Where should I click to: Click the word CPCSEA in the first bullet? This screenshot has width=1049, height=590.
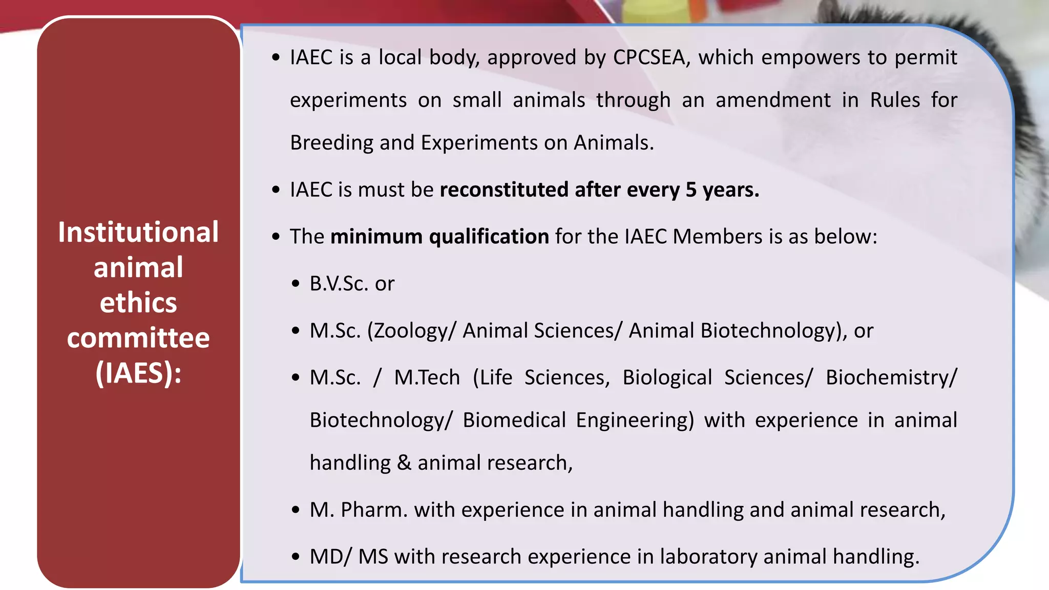[649, 57]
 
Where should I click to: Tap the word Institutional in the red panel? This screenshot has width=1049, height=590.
[138, 233]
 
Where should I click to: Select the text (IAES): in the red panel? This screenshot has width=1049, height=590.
[138, 373]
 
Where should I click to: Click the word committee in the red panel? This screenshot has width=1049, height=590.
[138, 338]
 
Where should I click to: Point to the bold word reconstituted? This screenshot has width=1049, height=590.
[504, 190]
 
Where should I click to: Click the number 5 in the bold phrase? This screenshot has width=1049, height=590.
[691, 190]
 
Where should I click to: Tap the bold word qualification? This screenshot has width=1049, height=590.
[489, 237]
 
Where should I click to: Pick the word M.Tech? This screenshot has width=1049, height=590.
[427, 378]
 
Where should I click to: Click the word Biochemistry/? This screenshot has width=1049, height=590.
[891, 378]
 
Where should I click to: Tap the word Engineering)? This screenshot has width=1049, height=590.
[635, 420]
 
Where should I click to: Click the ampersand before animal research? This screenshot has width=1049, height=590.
[404, 463]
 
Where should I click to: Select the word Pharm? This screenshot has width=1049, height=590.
[374, 510]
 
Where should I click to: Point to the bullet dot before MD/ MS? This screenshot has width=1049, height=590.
[296, 557]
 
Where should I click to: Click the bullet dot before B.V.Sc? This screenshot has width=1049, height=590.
[296, 284]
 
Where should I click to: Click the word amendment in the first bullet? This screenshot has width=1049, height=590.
[772, 100]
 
